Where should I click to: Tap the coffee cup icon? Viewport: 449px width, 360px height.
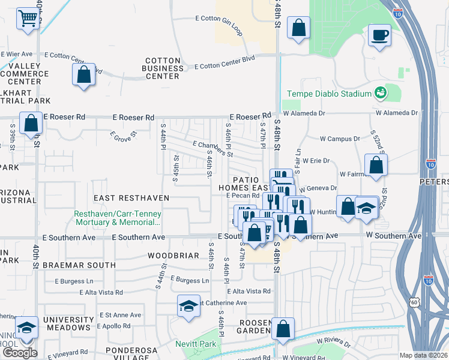[x=379, y=35]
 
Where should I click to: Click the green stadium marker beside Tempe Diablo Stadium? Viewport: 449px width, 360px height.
[x=380, y=93]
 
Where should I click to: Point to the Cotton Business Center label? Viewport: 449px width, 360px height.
[x=163, y=68]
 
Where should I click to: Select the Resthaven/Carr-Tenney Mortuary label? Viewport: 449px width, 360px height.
[x=117, y=218]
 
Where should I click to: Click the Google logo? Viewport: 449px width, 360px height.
[x=19, y=353]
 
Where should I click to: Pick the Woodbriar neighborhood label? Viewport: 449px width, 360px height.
[x=173, y=256]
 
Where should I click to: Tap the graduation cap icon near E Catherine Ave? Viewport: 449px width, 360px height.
[x=188, y=306]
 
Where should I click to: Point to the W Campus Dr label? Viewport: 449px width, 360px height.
[x=340, y=139]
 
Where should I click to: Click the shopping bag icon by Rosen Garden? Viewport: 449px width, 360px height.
[x=283, y=329]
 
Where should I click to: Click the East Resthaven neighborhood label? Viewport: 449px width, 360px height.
[x=131, y=197]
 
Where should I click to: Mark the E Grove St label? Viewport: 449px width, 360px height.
[x=124, y=137]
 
